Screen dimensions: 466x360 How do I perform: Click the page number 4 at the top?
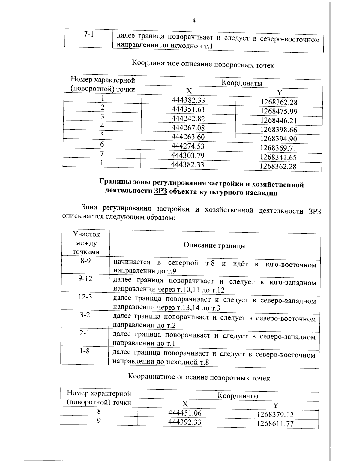194,20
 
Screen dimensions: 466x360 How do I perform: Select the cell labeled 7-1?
88,35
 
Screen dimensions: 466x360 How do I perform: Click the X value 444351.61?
188,109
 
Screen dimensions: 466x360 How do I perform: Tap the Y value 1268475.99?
279,111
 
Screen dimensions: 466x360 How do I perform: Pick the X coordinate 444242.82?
188,118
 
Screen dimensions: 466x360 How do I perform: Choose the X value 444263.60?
188,137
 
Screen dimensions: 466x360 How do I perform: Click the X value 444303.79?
188,155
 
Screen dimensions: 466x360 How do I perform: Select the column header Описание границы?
214,245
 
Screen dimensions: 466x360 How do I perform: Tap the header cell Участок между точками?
86,243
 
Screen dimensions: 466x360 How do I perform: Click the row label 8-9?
85,261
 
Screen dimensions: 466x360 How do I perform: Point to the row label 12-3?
85,297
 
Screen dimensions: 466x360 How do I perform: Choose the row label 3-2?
85,315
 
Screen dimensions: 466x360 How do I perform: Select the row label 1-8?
85,351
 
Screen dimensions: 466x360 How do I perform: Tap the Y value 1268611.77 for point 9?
275,424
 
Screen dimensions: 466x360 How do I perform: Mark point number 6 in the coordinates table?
102,144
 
